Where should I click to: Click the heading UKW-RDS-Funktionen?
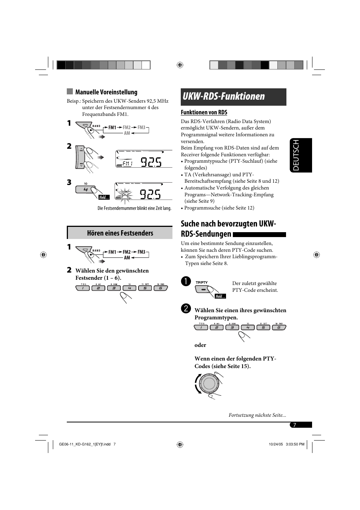tap(224, 97)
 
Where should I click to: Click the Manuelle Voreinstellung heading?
tap(106, 92)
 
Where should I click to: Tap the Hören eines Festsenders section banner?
tap(120, 233)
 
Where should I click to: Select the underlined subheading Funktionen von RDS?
tap(204, 112)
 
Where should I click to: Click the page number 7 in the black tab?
tap(295, 425)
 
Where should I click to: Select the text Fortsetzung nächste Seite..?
tap(257, 415)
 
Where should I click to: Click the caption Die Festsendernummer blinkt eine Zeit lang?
tap(134, 208)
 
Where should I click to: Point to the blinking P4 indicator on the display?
tap(125, 196)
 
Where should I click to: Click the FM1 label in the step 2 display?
tap(127, 163)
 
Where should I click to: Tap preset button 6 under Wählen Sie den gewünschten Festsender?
tap(160, 288)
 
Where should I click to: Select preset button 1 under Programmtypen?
tap(201, 327)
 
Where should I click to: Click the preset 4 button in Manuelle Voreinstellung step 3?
tap(86, 190)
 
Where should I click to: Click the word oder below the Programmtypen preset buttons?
tap(200, 345)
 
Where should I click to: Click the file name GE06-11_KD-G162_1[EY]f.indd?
tap(85, 444)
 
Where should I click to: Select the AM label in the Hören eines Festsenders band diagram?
tap(127, 258)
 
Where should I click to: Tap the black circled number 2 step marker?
tap(185, 309)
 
